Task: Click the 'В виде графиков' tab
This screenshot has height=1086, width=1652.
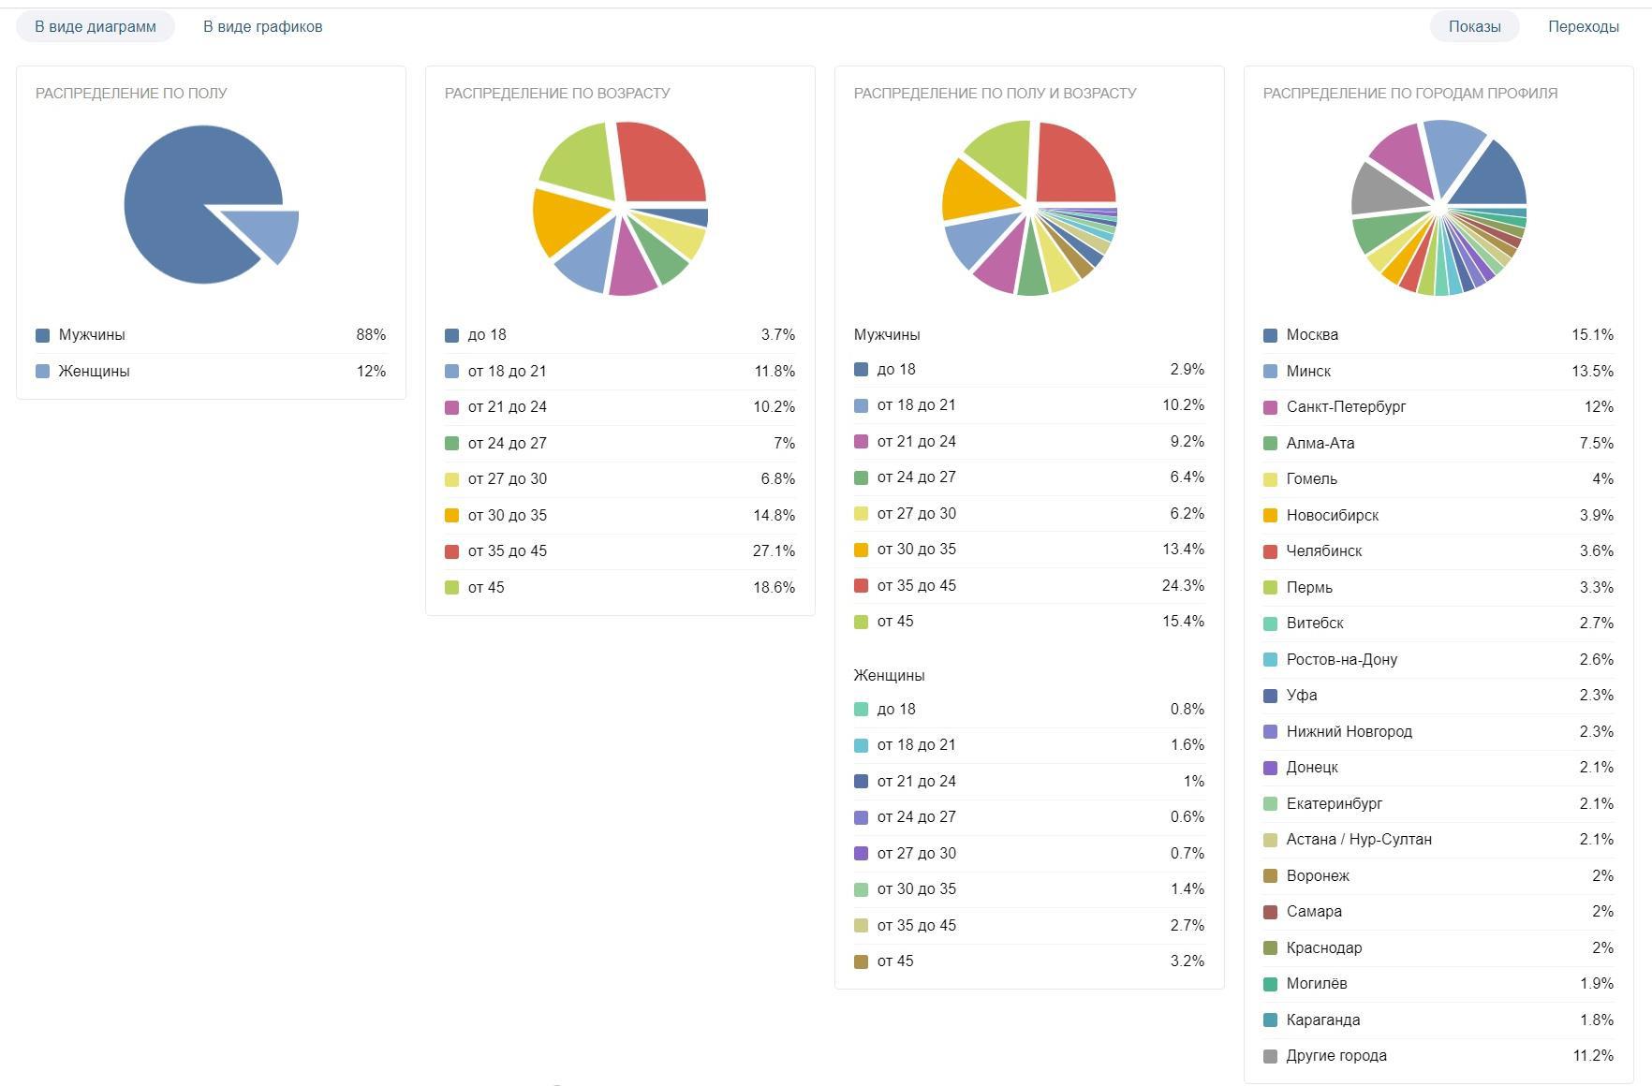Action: point(262,26)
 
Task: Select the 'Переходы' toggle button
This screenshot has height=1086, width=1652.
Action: point(1583,26)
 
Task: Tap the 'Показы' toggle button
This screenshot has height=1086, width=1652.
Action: point(1474,26)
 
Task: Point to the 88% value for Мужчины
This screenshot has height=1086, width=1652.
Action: point(371,335)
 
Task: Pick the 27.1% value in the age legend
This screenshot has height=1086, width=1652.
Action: point(774,551)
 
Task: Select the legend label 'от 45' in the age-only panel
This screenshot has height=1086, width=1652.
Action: point(486,588)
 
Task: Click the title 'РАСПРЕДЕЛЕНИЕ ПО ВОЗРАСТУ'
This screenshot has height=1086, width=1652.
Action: point(557,93)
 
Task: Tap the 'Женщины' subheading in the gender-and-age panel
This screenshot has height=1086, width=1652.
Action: point(889,675)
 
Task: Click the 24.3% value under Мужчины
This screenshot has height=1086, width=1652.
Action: point(1183,586)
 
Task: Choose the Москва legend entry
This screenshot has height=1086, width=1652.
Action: point(1312,335)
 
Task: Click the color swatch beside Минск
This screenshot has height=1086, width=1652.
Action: point(1270,372)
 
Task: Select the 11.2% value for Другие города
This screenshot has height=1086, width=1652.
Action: point(1593,1056)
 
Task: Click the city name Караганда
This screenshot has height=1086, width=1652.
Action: point(1322,1020)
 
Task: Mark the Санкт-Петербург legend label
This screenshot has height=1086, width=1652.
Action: point(1346,407)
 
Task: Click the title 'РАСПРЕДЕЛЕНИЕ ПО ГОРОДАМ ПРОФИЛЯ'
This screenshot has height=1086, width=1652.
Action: point(1409,93)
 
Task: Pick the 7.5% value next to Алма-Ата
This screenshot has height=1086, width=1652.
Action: point(1596,444)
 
